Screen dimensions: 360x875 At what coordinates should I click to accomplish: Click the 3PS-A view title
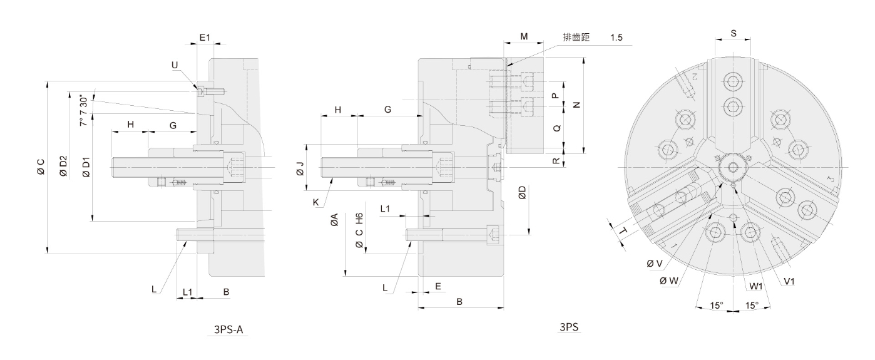(228, 328)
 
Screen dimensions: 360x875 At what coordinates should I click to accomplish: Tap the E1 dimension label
(205, 38)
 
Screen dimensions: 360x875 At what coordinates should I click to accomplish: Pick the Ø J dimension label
(299, 167)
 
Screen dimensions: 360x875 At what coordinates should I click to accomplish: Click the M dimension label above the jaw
(524, 38)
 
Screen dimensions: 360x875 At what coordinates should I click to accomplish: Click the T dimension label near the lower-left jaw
(623, 232)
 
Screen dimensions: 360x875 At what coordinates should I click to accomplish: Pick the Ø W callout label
(668, 281)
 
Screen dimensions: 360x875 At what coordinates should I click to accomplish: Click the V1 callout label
(789, 282)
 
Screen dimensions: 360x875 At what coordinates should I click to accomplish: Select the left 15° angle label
(717, 305)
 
